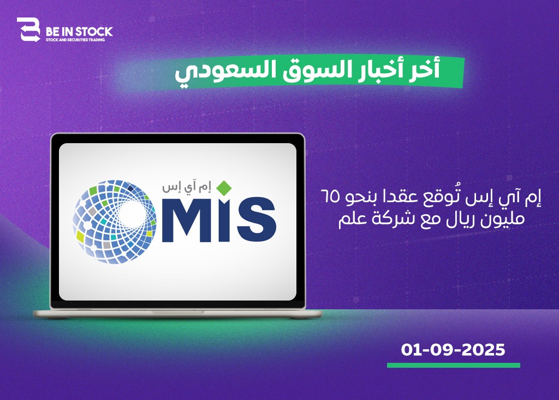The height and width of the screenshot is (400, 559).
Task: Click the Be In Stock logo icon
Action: [x=29, y=30]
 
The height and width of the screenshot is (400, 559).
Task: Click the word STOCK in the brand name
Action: [x=94, y=32]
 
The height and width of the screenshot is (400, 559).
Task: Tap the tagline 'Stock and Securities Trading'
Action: [x=75, y=39]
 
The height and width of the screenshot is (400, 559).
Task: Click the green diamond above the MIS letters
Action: [x=224, y=188]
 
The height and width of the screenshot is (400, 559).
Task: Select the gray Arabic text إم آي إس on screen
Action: [x=187, y=187]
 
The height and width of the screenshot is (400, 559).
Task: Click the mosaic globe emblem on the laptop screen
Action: [x=115, y=222]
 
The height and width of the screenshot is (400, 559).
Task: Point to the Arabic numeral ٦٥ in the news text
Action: [x=330, y=197]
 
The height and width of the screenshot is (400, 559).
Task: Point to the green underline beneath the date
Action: [x=454, y=366]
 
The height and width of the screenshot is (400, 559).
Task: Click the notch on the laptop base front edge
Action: [x=178, y=312]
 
